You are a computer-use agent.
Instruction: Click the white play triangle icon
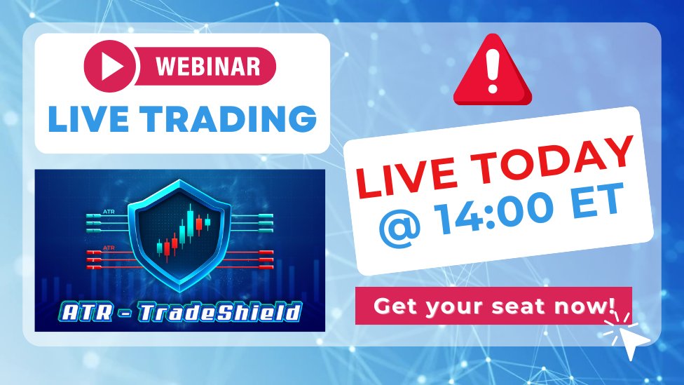point(112,67)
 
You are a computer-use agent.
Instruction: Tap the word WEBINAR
point(207,67)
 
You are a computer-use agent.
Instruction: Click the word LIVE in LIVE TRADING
point(88,119)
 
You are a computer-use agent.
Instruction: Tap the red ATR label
point(108,248)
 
